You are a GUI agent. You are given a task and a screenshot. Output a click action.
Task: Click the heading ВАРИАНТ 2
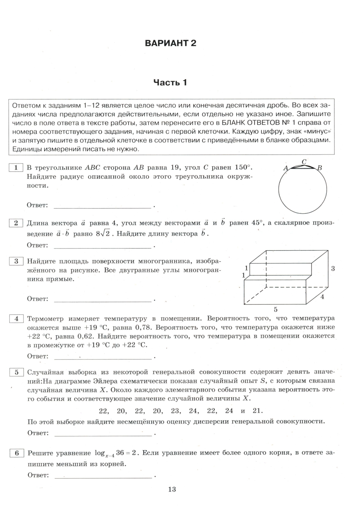tap(170, 43)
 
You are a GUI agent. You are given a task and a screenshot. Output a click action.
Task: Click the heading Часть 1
tap(170, 82)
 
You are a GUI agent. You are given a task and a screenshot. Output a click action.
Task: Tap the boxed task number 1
tap(16, 167)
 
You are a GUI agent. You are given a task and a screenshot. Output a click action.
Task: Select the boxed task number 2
tap(16, 223)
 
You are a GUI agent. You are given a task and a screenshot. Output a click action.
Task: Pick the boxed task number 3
tap(16, 261)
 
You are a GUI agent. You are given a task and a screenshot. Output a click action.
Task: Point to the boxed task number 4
tap(16, 318)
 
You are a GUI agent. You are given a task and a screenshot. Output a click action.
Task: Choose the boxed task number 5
tap(17, 372)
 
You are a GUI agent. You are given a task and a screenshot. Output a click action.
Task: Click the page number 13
tap(172, 489)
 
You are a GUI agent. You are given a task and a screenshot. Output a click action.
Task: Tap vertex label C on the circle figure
tap(304, 162)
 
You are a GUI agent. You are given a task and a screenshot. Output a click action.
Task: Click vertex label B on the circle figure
tap(319, 168)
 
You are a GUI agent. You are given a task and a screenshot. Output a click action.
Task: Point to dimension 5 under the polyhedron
tap(275, 309)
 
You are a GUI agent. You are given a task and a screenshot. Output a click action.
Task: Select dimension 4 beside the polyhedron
tap(322, 297)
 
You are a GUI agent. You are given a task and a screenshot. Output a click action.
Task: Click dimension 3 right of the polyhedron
tap(333, 268)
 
